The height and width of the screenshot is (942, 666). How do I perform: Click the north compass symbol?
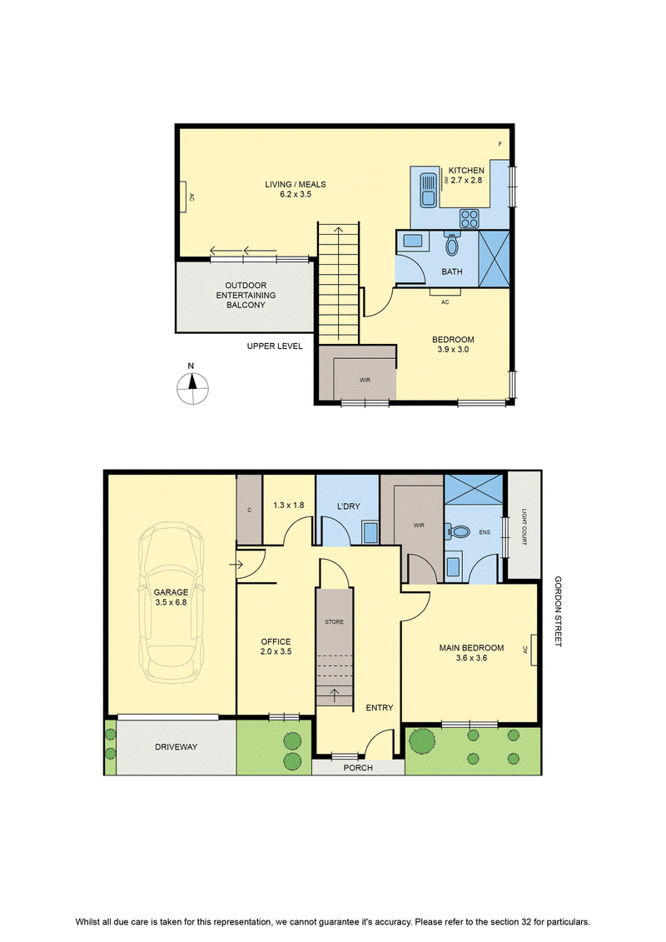[x=192, y=388]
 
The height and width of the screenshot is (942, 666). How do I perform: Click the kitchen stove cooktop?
[x=470, y=218]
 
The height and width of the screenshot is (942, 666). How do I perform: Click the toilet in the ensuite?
[x=459, y=531]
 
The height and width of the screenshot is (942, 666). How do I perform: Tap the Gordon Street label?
[x=558, y=611]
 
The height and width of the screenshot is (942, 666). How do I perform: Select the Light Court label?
[x=524, y=527]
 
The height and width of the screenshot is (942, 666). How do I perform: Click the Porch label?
[x=358, y=768]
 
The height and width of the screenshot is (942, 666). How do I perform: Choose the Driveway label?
[x=176, y=747]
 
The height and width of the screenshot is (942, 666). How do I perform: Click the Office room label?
[x=276, y=641]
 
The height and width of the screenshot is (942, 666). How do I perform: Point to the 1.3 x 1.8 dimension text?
[x=288, y=506]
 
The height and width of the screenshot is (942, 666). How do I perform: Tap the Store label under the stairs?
[x=335, y=622]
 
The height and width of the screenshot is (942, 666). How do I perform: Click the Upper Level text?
[x=275, y=346]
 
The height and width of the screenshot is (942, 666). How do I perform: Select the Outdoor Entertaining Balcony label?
[x=246, y=295]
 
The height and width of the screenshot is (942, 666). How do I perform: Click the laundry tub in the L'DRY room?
[x=370, y=533]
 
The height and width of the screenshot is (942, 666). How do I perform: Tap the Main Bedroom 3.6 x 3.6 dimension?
[x=471, y=658]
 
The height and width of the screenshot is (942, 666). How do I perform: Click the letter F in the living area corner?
[x=499, y=144]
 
